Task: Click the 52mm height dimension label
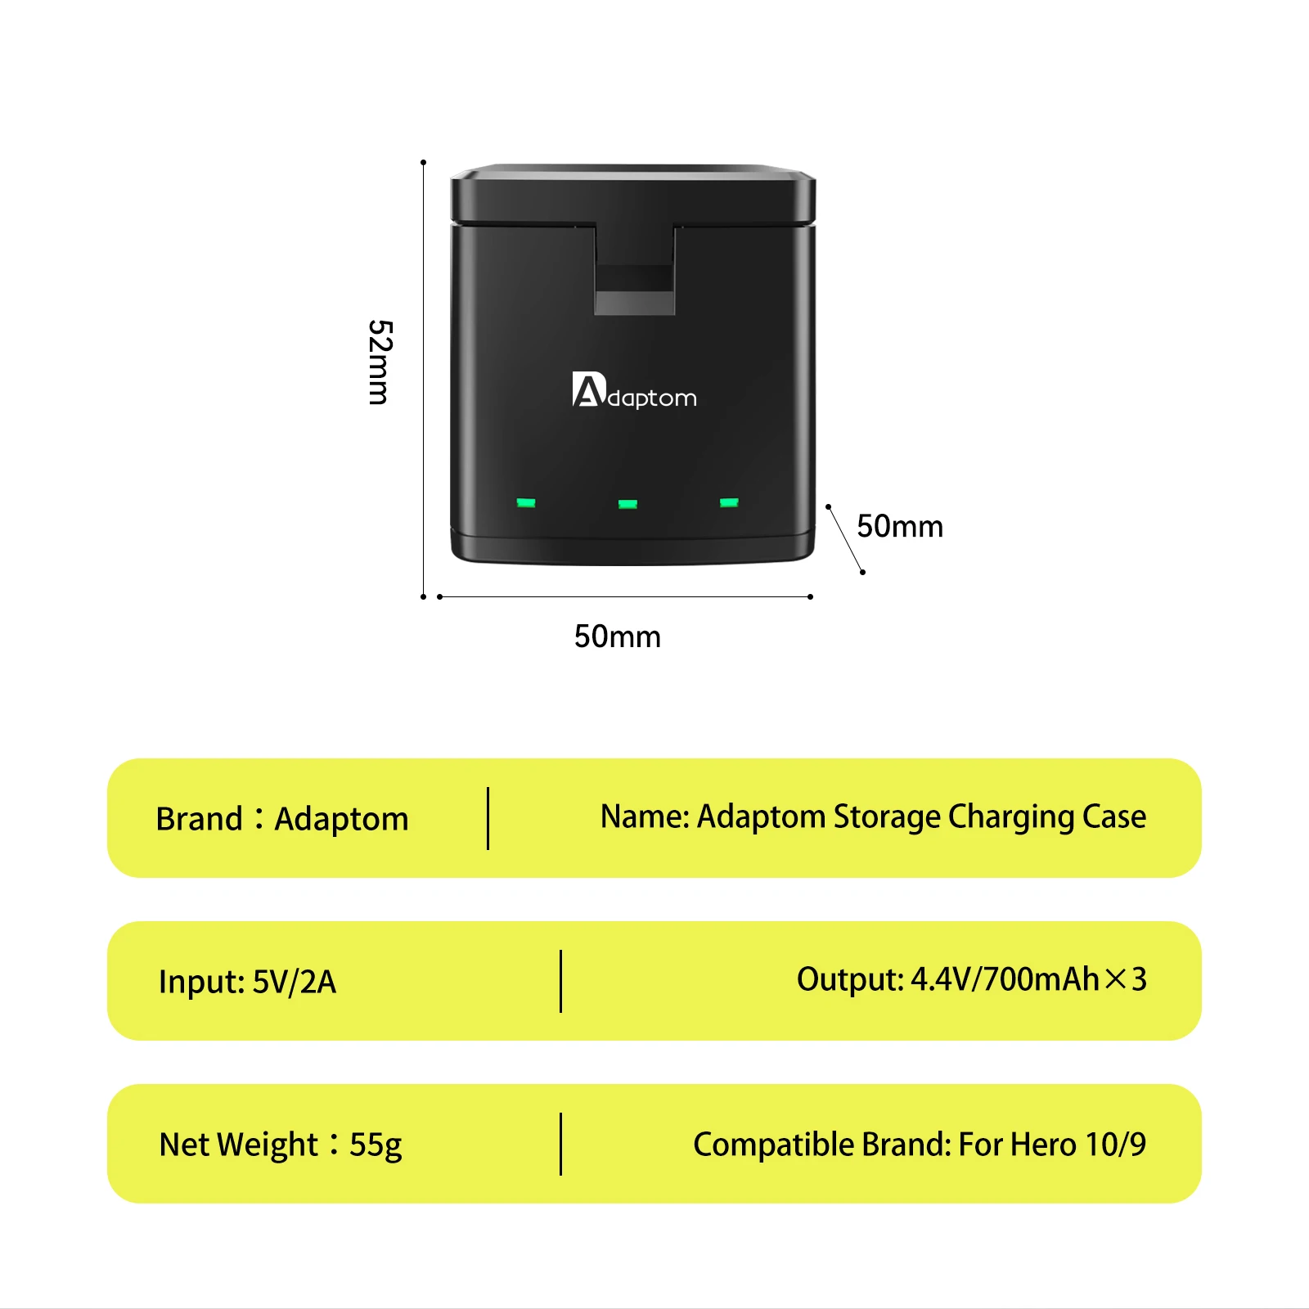pyautogui.click(x=380, y=362)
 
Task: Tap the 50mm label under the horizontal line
pyautogui.click(x=617, y=637)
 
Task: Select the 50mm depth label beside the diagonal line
pyautogui.click(x=900, y=526)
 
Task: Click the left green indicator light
pyautogui.click(x=526, y=502)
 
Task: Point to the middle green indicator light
pyautogui.click(x=628, y=504)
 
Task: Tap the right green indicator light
pyautogui.click(x=729, y=502)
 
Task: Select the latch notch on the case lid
pyautogui.click(x=635, y=278)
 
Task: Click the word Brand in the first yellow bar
pyautogui.click(x=200, y=819)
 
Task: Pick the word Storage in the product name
pyautogui.click(x=887, y=816)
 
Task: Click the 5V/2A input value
pyautogui.click(x=295, y=982)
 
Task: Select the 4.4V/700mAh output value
pyautogui.click(x=1005, y=979)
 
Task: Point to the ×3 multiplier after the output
pyautogui.click(x=1127, y=979)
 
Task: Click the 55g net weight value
pyautogui.click(x=376, y=1145)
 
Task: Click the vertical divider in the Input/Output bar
pyautogui.click(x=560, y=981)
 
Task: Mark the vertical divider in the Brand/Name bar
pyautogui.click(x=488, y=818)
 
